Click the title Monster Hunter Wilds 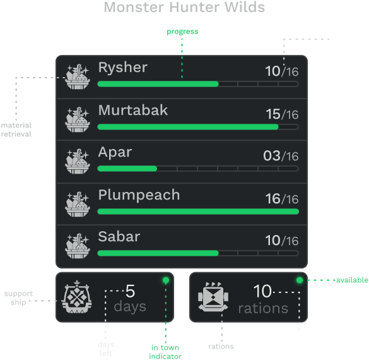click(184, 7)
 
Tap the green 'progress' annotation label click(182, 32)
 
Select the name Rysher click(123, 68)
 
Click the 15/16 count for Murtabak click(282, 114)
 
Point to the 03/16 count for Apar click(281, 156)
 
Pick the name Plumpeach click(139, 195)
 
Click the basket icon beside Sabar click(78, 246)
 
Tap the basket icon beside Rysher click(78, 76)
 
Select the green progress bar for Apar click(127, 169)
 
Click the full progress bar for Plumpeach click(198, 212)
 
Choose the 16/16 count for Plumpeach click(282, 198)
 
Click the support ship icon click(76, 297)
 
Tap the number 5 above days click(130, 291)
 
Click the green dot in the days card click(166, 280)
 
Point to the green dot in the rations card click(300, 280)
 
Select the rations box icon click(213, 297)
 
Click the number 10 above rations click(262, 291)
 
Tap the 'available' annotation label click(352, 280)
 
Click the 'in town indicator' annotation click(165, 352)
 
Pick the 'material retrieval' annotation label click(16, 129)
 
